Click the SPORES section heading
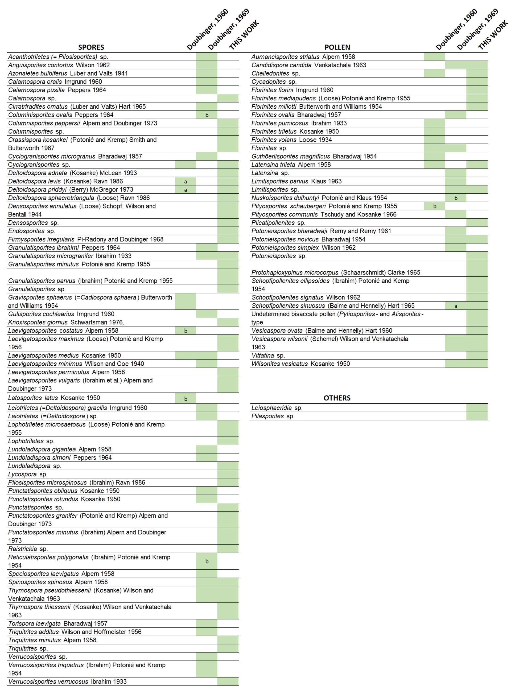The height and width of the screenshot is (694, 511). coord(91,47)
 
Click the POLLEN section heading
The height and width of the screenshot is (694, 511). coord(337,47)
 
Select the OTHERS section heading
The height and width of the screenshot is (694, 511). coord(337,398)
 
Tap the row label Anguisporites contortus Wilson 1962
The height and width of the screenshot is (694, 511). coord(59,65)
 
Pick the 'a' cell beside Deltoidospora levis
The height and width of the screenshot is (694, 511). coord(185,182)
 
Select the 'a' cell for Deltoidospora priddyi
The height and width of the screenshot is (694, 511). coord(185,190)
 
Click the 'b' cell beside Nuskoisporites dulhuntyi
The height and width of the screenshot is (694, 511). coord(456,198)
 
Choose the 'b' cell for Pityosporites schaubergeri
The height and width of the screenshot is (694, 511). coord(435,206)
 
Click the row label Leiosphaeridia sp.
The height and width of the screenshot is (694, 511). coord(277,408)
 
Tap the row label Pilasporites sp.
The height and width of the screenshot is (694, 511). coord(273,416)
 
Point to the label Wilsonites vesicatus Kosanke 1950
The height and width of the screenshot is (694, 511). coord(300,364)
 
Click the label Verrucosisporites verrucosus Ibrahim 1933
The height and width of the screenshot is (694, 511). coord(67,682)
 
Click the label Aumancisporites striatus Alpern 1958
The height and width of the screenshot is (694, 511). coord(303,57)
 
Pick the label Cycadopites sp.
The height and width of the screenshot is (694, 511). coord(274,82)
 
